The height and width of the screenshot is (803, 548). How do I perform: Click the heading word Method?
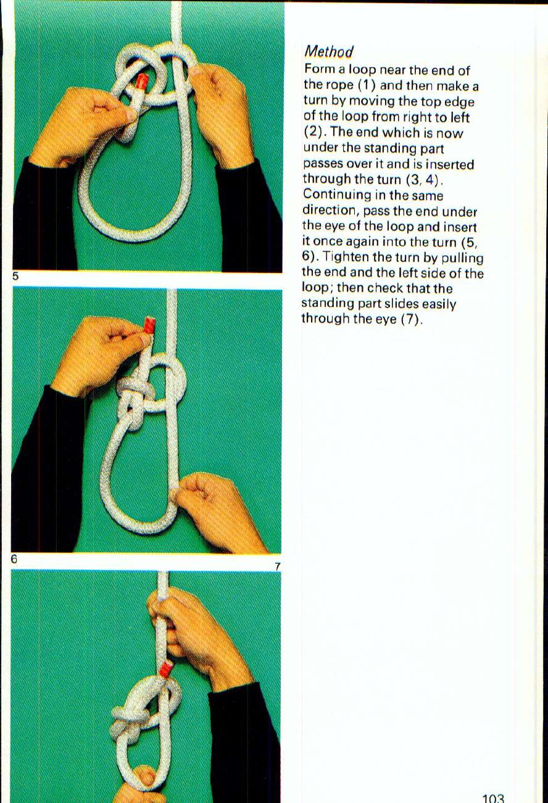328,52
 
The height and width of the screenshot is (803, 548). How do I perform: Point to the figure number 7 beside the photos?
277,566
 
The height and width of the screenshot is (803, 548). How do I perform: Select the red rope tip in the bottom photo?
166,670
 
